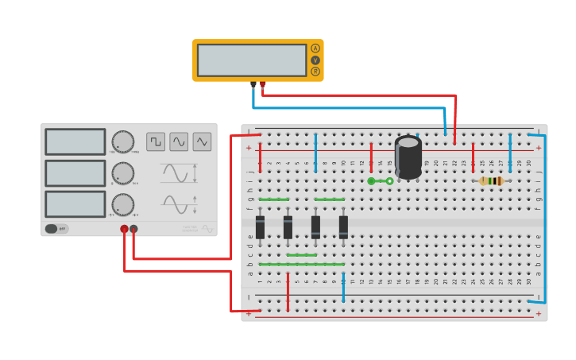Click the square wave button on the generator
click(x=156, y=141)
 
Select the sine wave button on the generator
click(x=179, y=141)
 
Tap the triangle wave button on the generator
click(x=203, y=141)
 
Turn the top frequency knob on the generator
click(x=122, y=141)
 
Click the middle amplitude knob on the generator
click(x=122, y=173)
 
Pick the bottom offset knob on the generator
click(x=122, y=204)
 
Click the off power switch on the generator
click(x=56, y=229)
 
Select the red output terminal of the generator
click(x=124, y=230)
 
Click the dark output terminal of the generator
click(x=133, y=230)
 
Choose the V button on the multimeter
click(x=315, y=60)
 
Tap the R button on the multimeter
click(x=315, y=72)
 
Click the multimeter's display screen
click(x=251, y=60)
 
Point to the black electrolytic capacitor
click(x=408, y=157)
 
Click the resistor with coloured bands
click(x=492, y=181)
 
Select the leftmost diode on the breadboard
click(x=260, y=226)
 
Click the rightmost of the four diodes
click(x=343, y=226)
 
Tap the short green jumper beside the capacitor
click(x=381, y=181)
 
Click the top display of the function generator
click(x=75, y=141)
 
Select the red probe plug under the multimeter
click(x=263, y=84)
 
